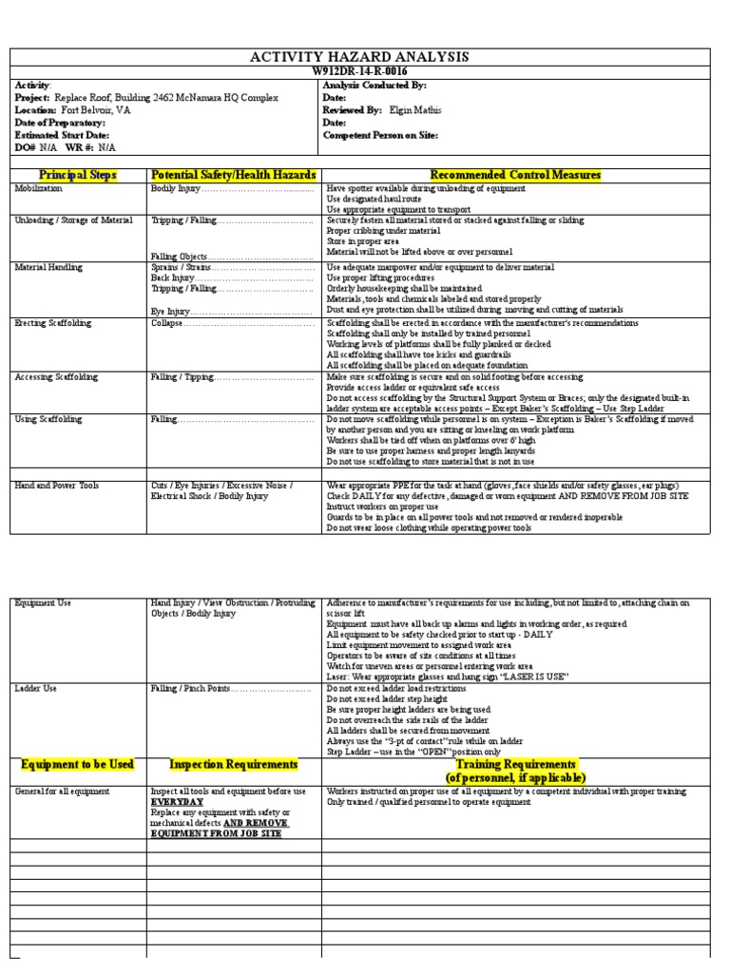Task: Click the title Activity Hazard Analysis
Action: [x=358, y=58]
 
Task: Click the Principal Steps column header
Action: [x=77, y=176]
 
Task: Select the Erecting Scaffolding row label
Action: [x=53, y=324]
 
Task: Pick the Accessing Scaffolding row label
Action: [x=56, y=377]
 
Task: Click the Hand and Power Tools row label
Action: [x=54, y=486]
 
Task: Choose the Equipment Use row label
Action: [x=43, y=603]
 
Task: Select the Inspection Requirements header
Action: [x=233, y=765]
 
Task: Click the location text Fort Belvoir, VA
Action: [x=92, y=110]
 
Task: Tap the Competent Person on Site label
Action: [x=380, y=135]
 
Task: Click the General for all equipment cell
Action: [x=62, y=792]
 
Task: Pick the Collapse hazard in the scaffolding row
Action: [x=166, y=324]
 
